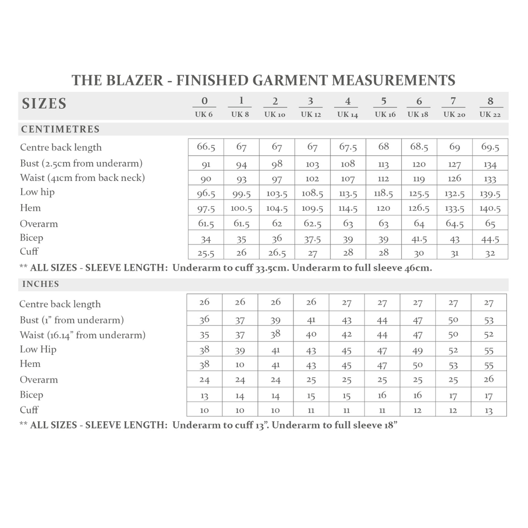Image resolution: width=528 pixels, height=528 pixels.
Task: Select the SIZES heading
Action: coord(44,104)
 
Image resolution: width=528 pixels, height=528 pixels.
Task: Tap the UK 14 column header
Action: coord(348,114)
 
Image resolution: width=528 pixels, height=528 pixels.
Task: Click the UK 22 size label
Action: coord(490,114)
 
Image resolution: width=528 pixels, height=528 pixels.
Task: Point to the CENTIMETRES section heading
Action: coord(60,129)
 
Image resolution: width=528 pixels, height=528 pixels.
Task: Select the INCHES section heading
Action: coord(41,284)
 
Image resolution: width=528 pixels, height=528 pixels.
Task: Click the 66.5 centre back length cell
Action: coord(206,147)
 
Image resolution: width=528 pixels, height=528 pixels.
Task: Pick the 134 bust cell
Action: coord(490,164)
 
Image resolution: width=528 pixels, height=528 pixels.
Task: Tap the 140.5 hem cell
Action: coord(490,208)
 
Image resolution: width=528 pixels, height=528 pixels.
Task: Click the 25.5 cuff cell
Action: coord(206,253)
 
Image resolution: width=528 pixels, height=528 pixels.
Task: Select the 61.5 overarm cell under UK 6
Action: coord(206,224)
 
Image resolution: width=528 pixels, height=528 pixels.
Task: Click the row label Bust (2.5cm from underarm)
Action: coord(81,163)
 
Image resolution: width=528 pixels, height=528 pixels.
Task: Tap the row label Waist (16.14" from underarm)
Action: coord(82,335)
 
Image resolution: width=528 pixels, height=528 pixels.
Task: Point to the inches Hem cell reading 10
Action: coord(240,365)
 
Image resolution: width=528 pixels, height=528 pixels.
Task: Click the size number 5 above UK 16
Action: coord(384,101)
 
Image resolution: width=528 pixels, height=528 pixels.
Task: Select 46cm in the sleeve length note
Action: coord(421,268)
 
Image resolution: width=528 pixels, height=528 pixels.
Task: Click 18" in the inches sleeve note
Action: coord(390,426)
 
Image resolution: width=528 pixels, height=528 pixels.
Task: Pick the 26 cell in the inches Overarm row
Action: coord(489,379)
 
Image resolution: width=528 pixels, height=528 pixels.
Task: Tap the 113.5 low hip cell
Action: coord(348,194)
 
